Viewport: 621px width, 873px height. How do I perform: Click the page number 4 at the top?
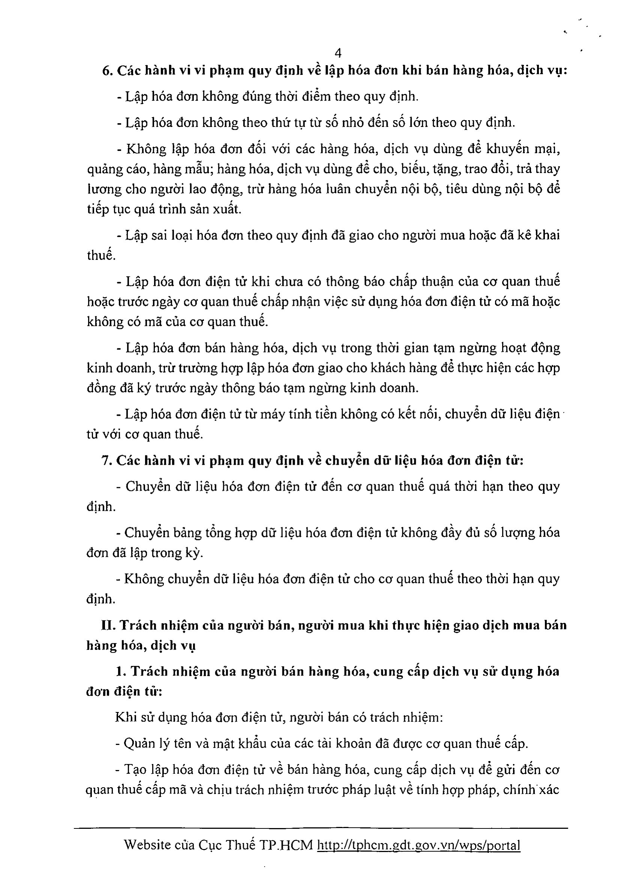338,53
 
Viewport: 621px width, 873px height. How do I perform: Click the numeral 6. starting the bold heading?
106,71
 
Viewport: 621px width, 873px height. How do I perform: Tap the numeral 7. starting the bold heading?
106,461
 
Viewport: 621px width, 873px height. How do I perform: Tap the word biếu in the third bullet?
412,169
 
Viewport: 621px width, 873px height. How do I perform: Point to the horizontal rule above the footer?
321,828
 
